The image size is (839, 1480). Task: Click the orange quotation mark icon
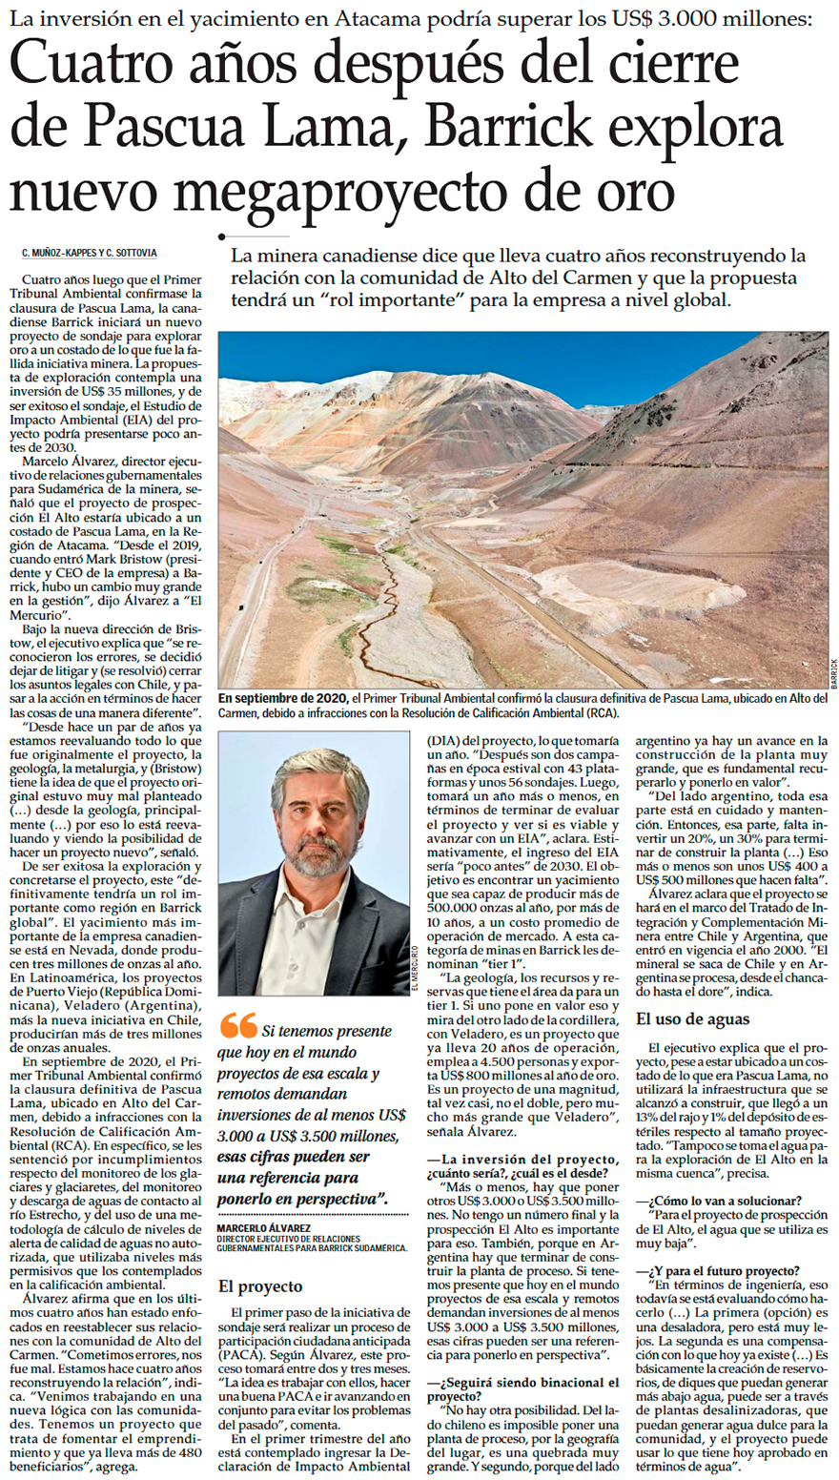237,1025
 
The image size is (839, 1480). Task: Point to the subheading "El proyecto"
260,1286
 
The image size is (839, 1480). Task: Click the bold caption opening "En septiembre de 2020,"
283,698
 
